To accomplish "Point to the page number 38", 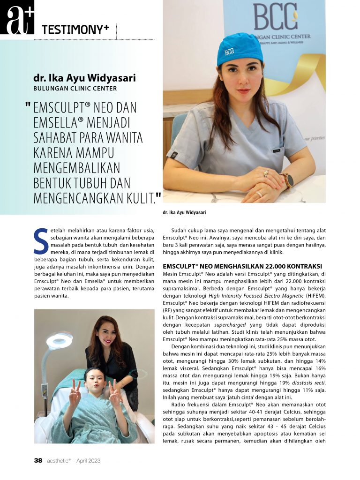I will tap(38, 460).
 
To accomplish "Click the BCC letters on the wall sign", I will tap(275, 17).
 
